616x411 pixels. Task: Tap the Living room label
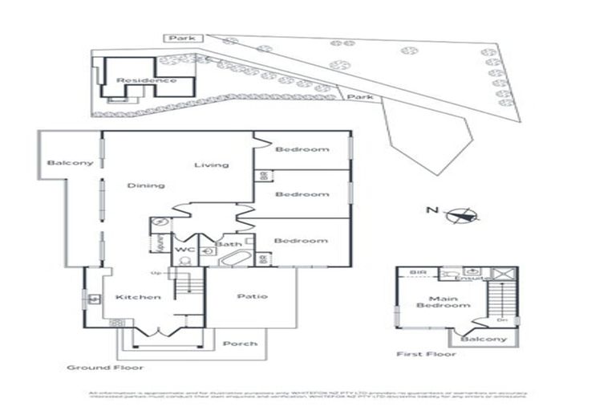point(212,165)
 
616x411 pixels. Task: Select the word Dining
point(145,185)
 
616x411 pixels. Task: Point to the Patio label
point(251,296)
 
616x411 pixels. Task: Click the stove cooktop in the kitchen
point(118,323)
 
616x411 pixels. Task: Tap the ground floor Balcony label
point(70,163)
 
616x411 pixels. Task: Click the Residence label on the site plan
point(146,80)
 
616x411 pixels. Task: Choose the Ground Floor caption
point(105,367)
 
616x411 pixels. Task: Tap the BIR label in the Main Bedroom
point(418,273)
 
